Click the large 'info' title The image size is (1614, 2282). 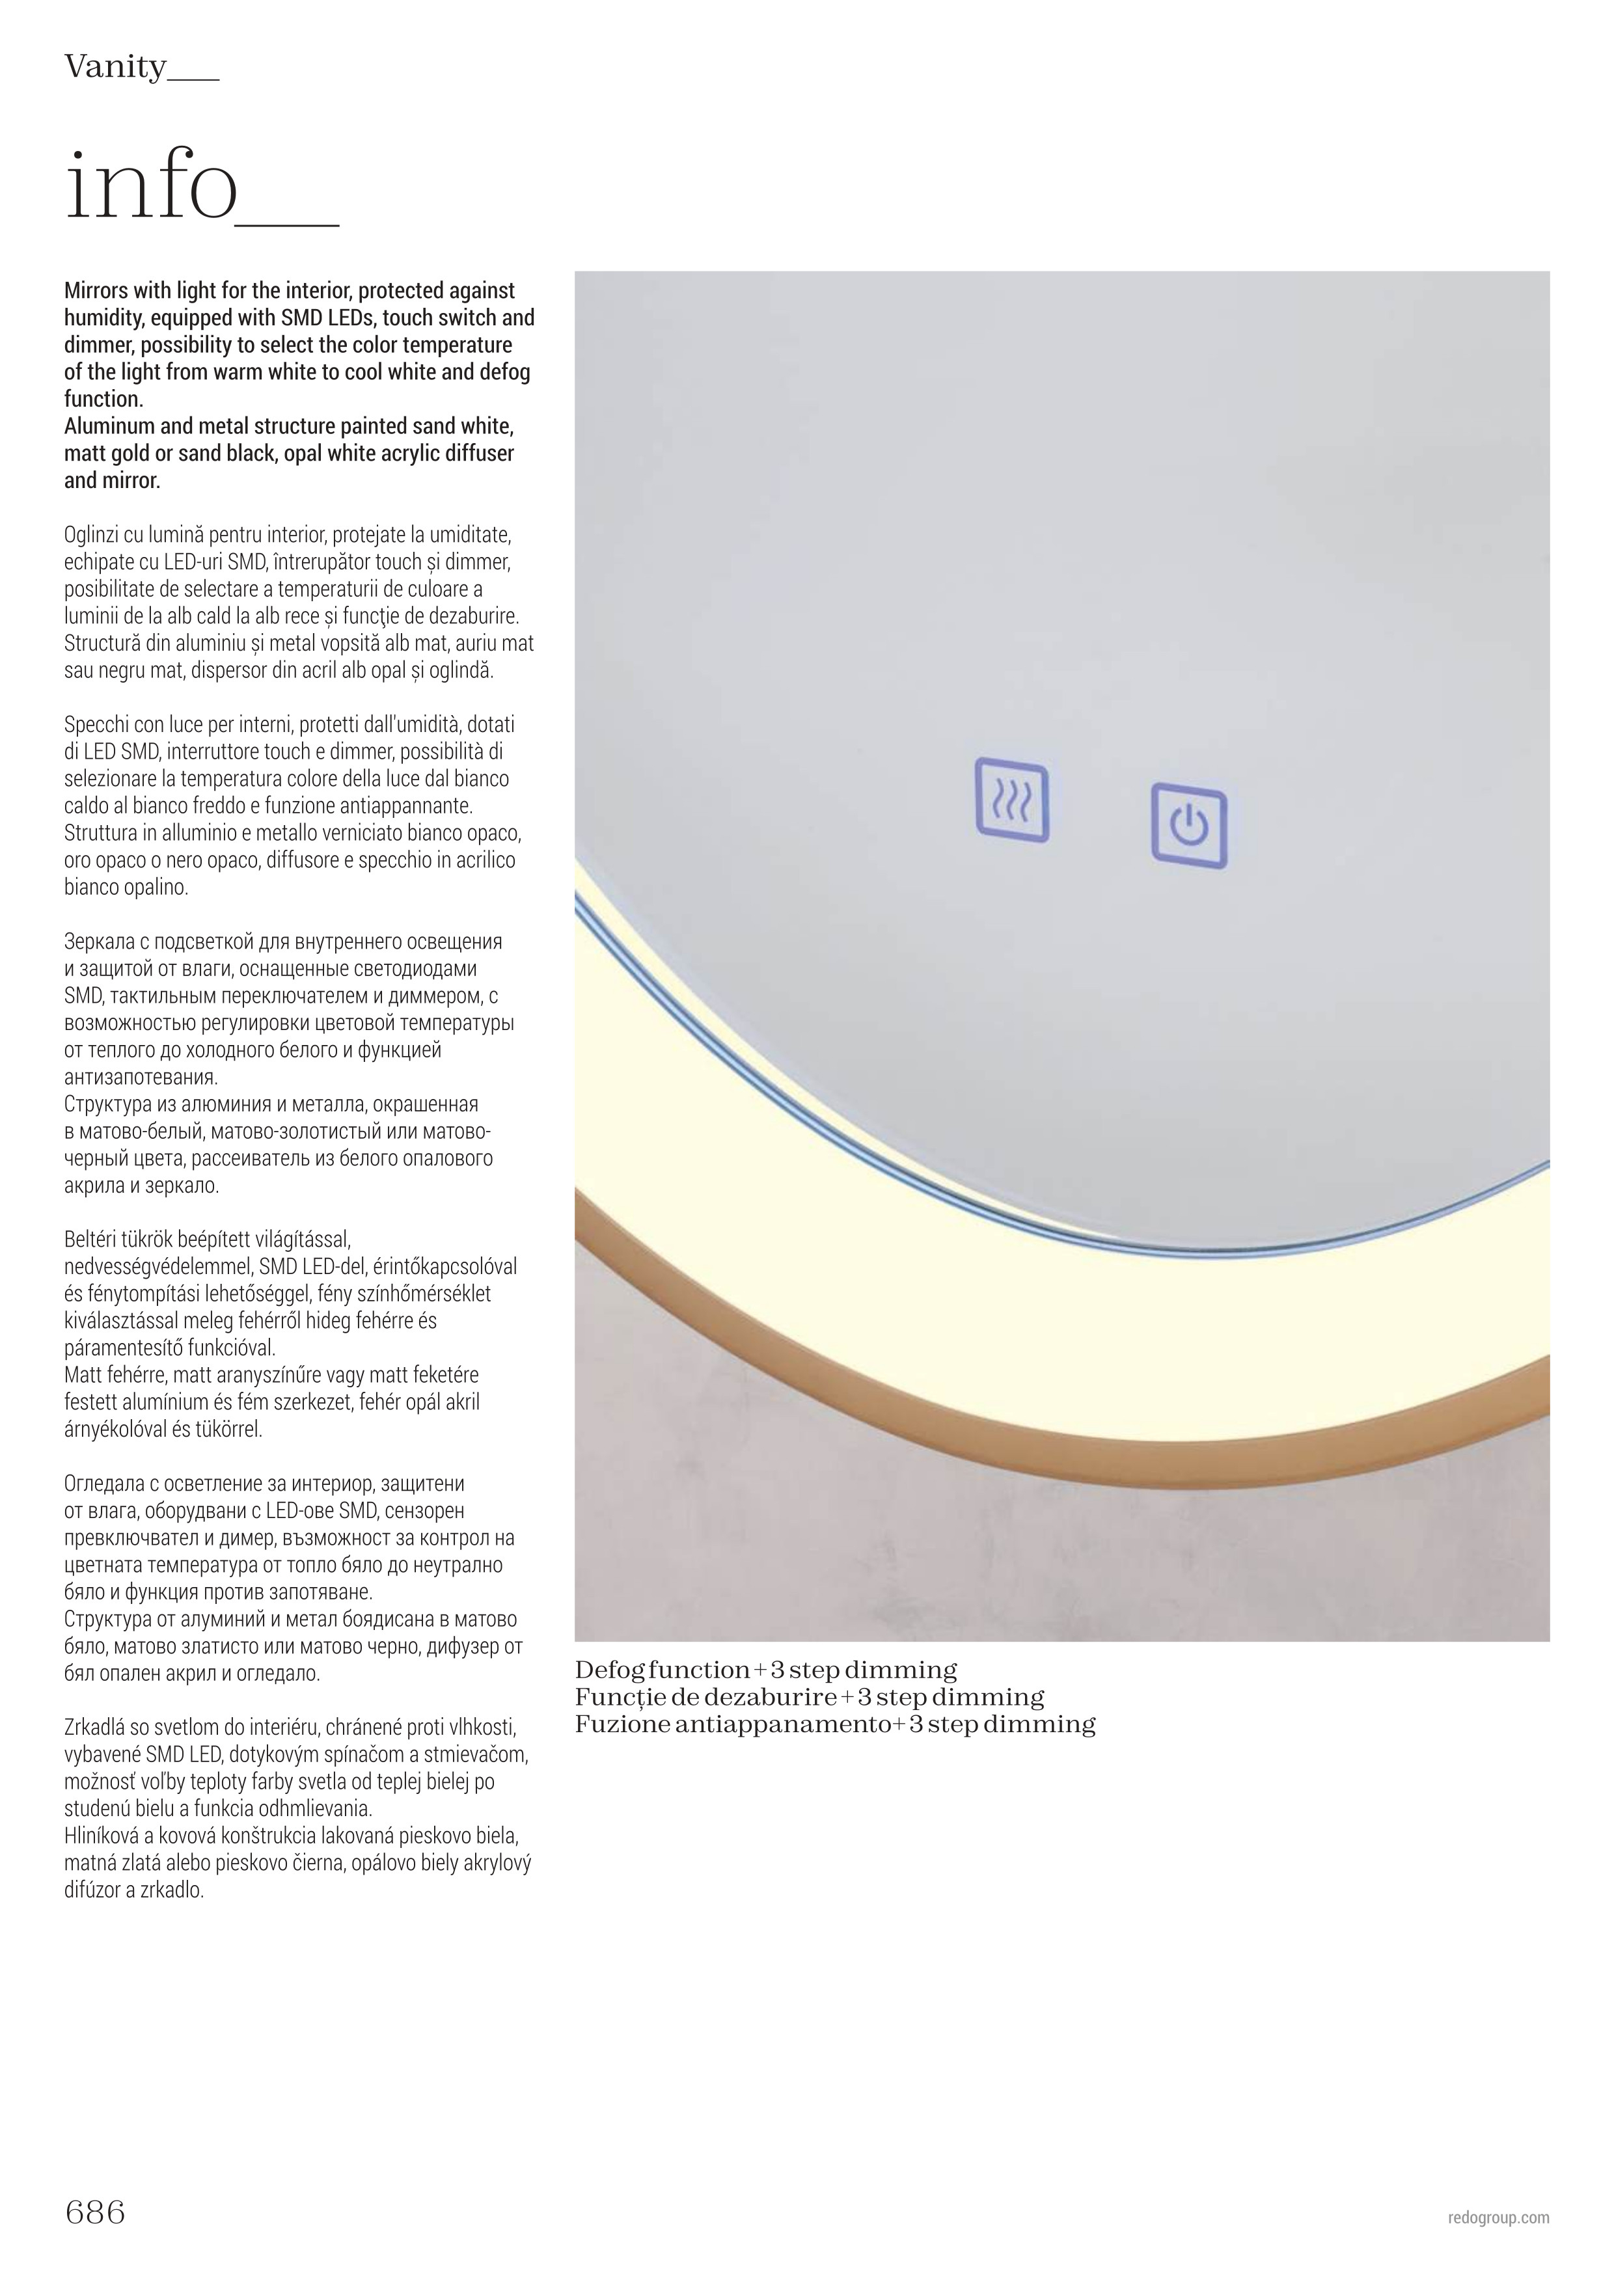152,187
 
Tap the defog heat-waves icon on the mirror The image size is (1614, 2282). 1012,800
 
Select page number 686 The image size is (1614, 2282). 96,2212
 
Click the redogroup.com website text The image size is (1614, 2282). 1499,2218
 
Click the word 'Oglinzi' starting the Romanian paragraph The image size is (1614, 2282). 92,535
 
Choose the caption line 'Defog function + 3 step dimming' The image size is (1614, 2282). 765,1671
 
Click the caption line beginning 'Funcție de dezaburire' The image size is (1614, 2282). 809,1698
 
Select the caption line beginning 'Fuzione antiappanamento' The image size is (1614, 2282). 835,1724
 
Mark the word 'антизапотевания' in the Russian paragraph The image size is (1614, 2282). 140,1078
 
